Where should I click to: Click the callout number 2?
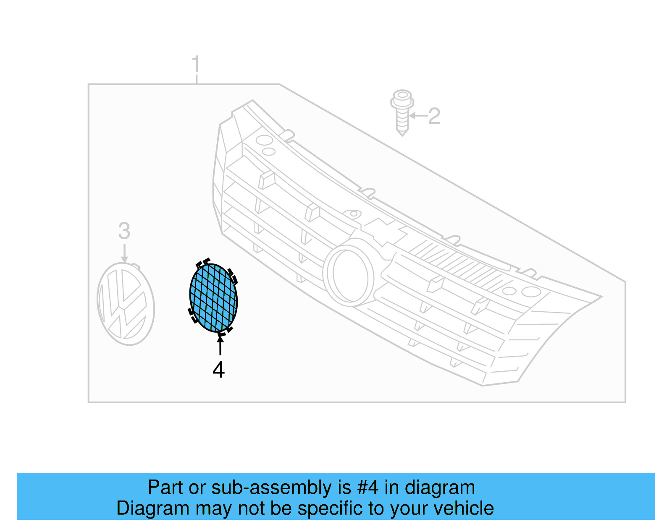[x=434, y=116]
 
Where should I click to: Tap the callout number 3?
[x=124, y=231]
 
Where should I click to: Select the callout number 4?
[x=218, y=370]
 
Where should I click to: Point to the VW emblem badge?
[x=126, y=304]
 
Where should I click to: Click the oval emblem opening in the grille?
[x=348, y=274]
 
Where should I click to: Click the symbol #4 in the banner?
[x=368, y=488]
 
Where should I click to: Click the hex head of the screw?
[x=402, y=99]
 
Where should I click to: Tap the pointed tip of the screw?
[x=402, y=133]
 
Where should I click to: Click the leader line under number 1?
[x=197, y=79]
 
